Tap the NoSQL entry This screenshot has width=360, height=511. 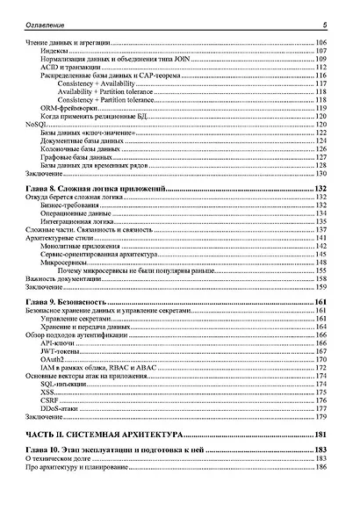tap(37, 125)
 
